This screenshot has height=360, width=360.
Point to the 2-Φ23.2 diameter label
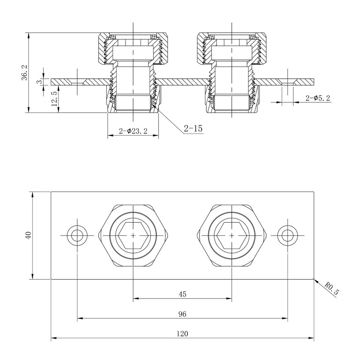(x=133, y=131)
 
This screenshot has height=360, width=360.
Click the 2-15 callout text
(x=193, y=129)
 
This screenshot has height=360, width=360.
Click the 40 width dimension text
(x=28, y=235)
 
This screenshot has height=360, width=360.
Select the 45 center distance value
(x=182, y=294)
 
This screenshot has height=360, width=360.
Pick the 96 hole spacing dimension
(x=182, y=314)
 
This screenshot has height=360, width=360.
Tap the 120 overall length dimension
(x=182, y=333)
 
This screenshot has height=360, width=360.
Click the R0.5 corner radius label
(x=331, y=290)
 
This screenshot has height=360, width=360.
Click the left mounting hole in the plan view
(x=77, y=235)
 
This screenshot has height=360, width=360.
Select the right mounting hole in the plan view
(x=288, y=235)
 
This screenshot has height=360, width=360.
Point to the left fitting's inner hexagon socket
(x=133, y=235)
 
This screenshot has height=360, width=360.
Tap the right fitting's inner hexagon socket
(x=232, y=235)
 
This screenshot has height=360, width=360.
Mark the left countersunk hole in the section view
(x=77, y=82)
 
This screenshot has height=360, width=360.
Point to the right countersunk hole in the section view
(x=288, y=82)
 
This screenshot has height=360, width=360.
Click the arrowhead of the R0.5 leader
(x=315, y=280)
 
